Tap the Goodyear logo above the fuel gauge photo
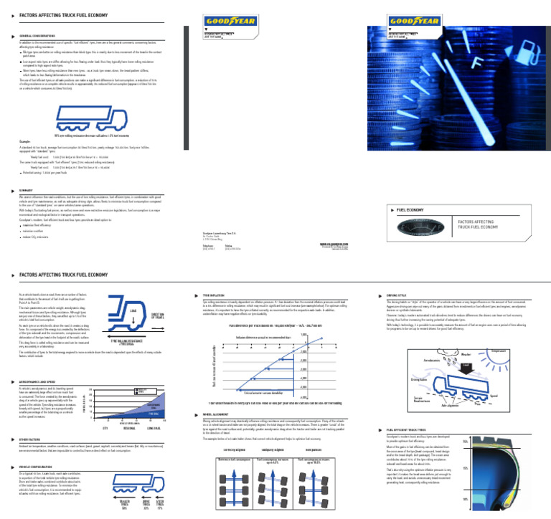click(408, 14)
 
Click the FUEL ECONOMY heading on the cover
click(412, 210)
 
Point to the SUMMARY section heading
click(29, 190)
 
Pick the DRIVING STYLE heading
click(398, 295)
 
